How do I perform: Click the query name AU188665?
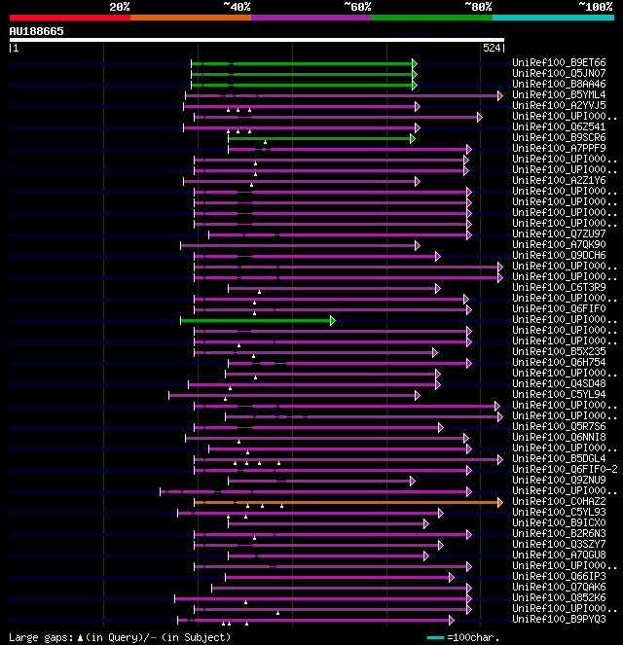coord(37,31)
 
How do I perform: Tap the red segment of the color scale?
coord(68,17)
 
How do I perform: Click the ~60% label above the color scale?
coord(357,6)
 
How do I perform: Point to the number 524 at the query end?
coord(492,47)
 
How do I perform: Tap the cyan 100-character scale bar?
coord(435,637)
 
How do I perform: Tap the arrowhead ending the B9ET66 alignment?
coord(415,63)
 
